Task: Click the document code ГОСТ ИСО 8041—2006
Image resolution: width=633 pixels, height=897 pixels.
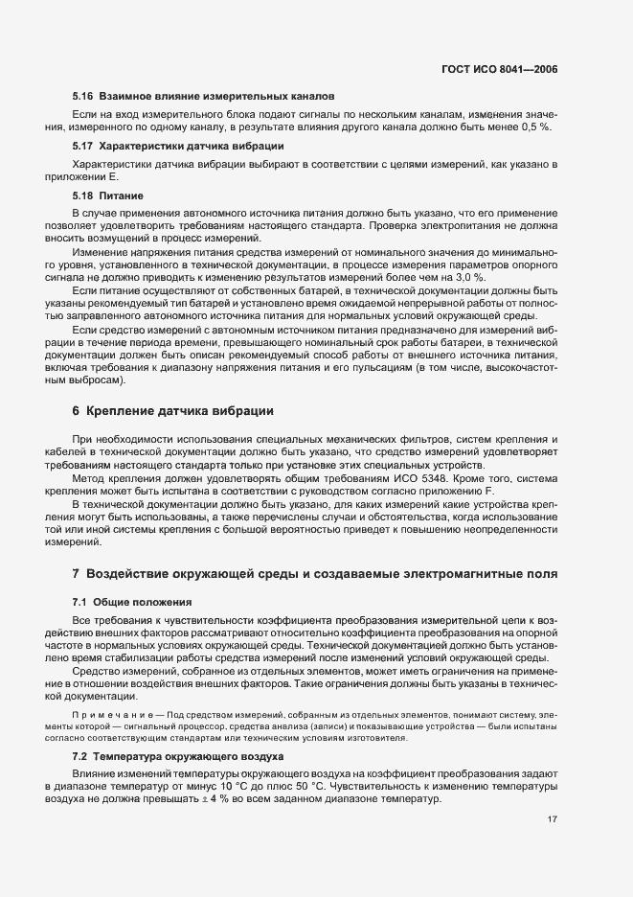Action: coord(512,69)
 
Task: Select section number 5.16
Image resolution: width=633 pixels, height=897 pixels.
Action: coord(82,97)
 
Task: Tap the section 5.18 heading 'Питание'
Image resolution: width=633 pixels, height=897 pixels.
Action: coord(121,195)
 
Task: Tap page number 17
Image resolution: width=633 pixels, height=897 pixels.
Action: coord(553,845)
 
